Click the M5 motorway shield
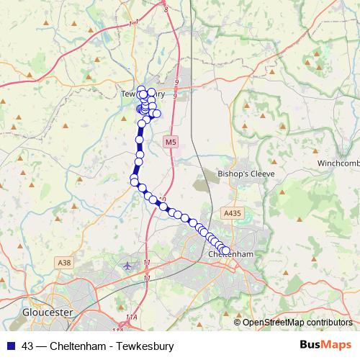click(170, 143)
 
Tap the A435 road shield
click(232, 213)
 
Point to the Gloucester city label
click(47, 312)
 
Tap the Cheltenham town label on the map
click(229, 255)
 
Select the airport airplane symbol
click(128, 266)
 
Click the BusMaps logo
click(325, 346)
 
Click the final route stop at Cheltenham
click(225, 251)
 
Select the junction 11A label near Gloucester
click(130, 317)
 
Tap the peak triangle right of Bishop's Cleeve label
click(282, 174)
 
